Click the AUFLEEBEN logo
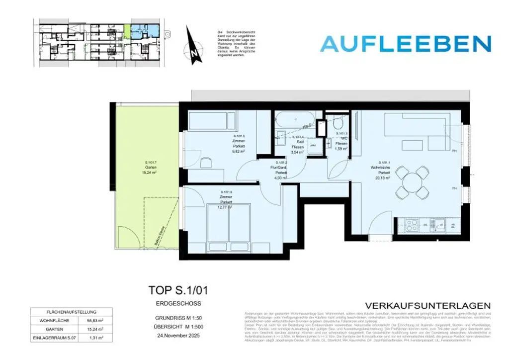[405, 44]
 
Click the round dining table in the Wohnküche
[413, 182]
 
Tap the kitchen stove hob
[412, 225]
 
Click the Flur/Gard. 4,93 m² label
[278, 170]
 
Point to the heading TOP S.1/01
[173, 290]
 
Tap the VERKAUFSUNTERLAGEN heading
[427, 305]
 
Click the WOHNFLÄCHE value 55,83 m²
[95, 321]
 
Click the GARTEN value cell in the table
[95, 329]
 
